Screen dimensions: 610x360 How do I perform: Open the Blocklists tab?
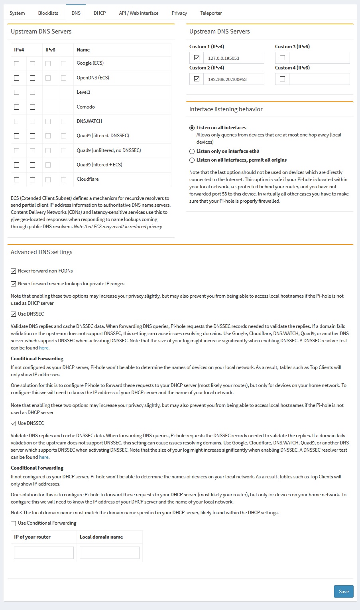point(48,13)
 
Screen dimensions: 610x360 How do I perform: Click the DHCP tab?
point(100,13)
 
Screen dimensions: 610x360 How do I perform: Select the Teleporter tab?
point(211,13)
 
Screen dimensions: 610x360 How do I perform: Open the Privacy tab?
point(179,13)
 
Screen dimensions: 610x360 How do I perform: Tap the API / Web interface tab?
point(138,13)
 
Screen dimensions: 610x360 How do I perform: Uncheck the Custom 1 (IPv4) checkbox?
point(197,58)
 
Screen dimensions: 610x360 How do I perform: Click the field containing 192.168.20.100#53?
point(234,79)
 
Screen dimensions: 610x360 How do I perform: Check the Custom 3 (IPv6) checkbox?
point(282,58)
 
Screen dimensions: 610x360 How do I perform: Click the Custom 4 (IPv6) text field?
point(319,79)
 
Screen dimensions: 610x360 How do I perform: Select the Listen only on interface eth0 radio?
point(192,151)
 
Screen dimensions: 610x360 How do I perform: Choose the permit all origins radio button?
point(192,160)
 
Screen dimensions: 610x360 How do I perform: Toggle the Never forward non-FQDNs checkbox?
point(14,271)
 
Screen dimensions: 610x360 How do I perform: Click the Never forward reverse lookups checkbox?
point(14,284)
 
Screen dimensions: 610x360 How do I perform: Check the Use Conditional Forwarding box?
point(14,523)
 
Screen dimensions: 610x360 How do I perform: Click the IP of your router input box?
point(44,553)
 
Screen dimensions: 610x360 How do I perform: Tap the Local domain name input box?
point(110,553)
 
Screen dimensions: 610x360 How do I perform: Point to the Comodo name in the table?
point(86,107)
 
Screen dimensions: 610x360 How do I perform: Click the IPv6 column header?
point(50,50)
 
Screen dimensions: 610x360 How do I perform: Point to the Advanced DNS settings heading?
point(41,252)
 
